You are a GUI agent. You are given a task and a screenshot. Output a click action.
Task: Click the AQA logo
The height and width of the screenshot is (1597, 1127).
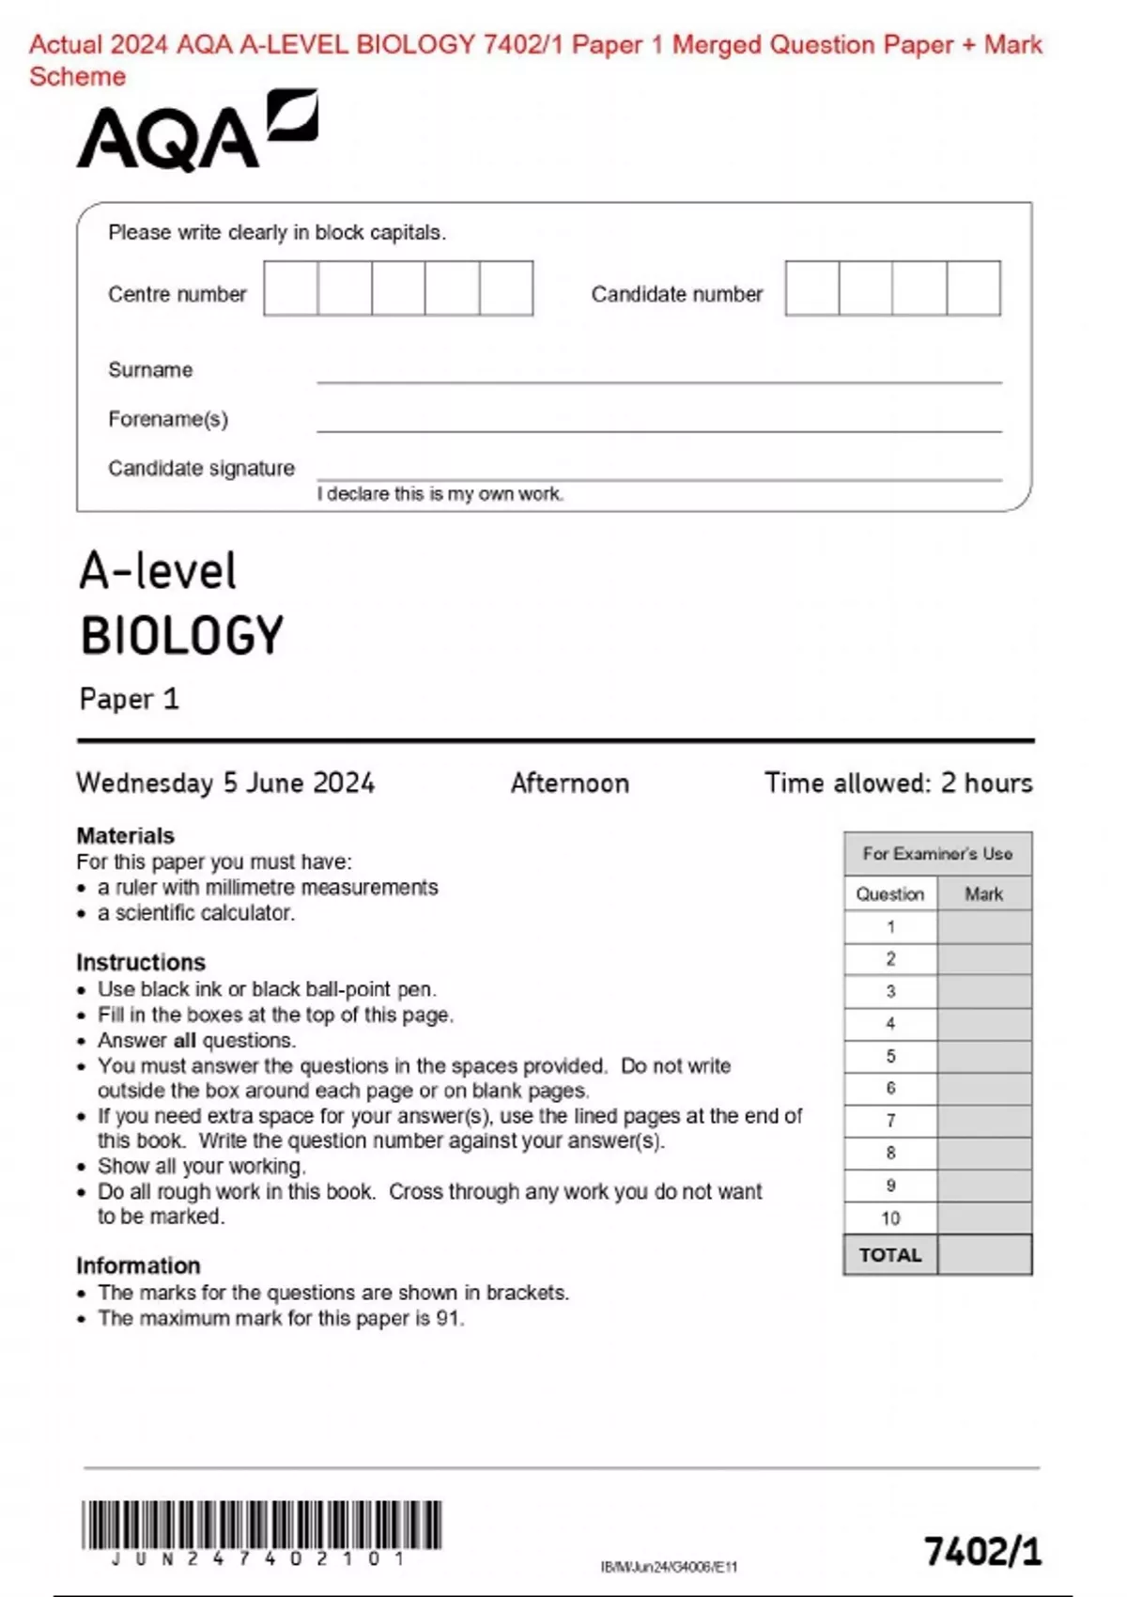tap(196, 132)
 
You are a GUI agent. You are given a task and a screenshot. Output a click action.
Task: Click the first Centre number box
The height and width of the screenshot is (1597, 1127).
tap(290, 288)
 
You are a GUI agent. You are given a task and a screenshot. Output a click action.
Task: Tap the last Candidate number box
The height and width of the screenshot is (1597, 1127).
tap(973, 288)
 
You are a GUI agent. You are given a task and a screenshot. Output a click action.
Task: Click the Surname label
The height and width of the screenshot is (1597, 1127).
tap(150, 370)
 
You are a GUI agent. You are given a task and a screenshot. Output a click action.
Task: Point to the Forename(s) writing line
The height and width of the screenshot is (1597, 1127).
tap(657, 429)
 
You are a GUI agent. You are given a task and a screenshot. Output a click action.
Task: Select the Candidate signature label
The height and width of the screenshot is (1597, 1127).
tap(201, 468)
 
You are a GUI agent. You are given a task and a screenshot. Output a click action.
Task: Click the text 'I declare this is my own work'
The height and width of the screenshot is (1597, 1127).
tap(440, 494)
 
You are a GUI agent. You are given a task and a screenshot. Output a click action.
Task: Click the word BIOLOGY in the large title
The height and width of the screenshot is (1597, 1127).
tap(181, 636)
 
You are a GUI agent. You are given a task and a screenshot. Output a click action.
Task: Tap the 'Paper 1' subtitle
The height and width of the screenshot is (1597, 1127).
tap(129, 699)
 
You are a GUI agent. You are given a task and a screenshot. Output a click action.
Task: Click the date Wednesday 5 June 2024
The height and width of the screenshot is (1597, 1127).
tap(225, 783)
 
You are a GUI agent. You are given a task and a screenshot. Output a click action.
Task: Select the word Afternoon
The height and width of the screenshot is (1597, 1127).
tap(569, 783)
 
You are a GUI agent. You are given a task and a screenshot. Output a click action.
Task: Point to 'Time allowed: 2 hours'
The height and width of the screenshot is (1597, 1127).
tap(898, 783)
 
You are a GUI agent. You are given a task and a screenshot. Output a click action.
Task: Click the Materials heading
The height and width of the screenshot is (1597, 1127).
tap(125, 835)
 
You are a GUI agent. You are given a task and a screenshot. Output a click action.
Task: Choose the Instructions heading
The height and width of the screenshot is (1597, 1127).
tap(141, 962)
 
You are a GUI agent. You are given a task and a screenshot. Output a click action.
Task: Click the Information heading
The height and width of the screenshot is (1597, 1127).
tap(138, 1265)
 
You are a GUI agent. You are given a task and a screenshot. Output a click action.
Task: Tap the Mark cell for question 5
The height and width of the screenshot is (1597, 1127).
tap(983, 1056)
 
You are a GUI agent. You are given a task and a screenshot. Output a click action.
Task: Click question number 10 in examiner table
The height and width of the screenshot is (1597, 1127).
tap(890, 1218)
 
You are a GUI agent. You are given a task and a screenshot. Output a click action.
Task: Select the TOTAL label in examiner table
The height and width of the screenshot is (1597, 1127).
tap(890, 1255)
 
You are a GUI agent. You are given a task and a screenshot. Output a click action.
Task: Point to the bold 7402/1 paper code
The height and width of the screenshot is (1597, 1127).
tap(982, 1551)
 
